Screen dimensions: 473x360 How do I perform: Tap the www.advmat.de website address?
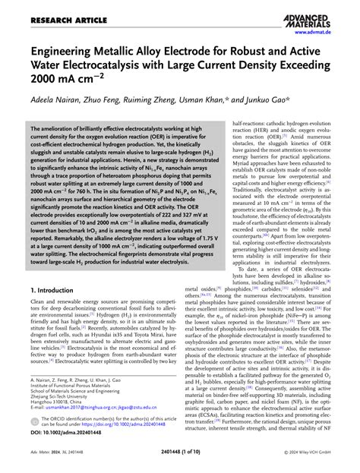(x=327, y=33)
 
